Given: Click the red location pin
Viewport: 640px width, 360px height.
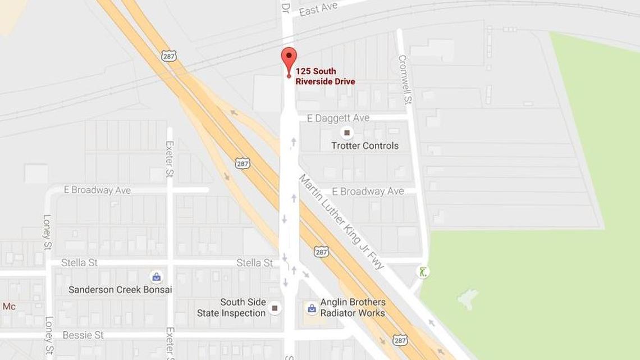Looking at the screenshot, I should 289,60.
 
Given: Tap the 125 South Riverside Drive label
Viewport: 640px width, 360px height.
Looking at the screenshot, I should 325,76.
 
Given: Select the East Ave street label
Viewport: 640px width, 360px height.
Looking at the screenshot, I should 318,9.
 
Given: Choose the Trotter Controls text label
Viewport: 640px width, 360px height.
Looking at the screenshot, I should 364,146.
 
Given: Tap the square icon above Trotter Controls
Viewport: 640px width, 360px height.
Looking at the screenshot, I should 347,133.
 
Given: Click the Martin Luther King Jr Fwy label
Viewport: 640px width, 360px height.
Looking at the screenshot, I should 341,221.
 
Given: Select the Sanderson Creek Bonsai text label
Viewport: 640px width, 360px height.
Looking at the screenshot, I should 120,290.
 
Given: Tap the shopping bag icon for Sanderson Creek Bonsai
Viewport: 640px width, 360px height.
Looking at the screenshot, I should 156,276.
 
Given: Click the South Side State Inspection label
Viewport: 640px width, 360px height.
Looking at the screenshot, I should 231,308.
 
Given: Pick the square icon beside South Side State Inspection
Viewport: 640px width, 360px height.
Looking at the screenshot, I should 275,307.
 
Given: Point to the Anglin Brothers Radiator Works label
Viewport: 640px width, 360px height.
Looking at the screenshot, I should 353,308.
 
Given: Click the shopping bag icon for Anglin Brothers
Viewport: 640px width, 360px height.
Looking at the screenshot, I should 311,308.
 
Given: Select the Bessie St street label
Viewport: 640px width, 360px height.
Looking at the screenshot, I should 83,335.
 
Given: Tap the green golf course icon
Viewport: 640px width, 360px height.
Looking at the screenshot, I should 423,272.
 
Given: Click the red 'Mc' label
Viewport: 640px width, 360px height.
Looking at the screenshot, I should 9,307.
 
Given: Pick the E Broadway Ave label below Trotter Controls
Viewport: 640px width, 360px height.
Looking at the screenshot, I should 368,192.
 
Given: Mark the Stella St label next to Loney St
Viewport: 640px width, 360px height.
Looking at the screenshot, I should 79,263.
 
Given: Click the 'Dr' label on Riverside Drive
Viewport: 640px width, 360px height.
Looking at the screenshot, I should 286,7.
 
